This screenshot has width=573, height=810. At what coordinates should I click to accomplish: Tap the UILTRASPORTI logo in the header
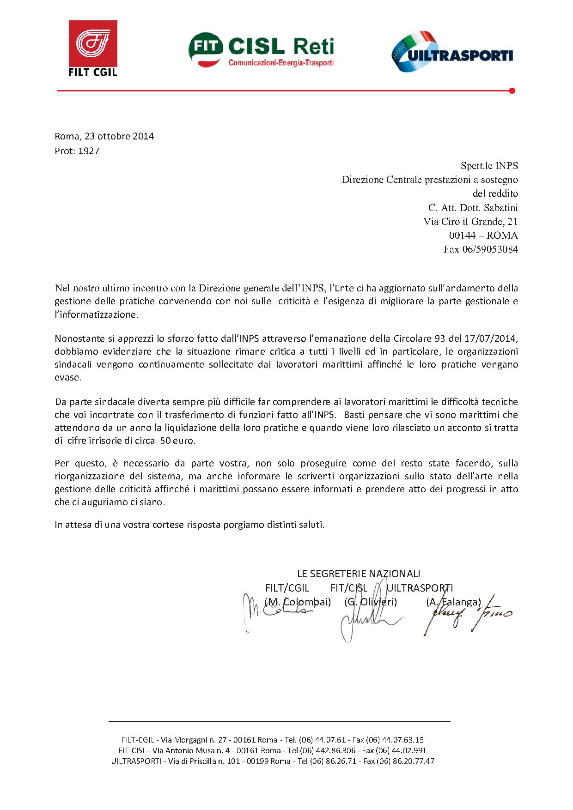coord(452,52)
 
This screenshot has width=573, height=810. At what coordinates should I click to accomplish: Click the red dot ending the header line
coord(512,91)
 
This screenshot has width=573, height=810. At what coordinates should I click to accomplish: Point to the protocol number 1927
coord(89,151)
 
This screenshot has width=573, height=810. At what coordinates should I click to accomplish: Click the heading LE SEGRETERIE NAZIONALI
coord(359,574)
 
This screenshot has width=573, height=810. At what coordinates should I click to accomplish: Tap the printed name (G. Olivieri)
coord(371,602)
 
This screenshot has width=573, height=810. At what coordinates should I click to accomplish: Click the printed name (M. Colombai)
coord(298,602)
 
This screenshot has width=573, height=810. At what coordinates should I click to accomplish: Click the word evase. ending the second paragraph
coord(68,377)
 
